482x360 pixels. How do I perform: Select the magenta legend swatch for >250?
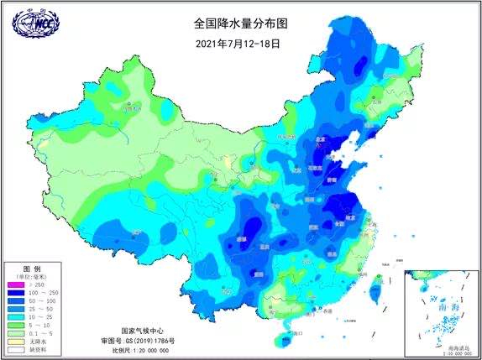click(x=15, y=284)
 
